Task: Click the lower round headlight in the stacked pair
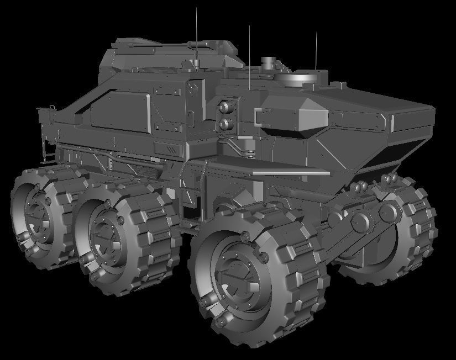pyautogui.click(x=226, y=124)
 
